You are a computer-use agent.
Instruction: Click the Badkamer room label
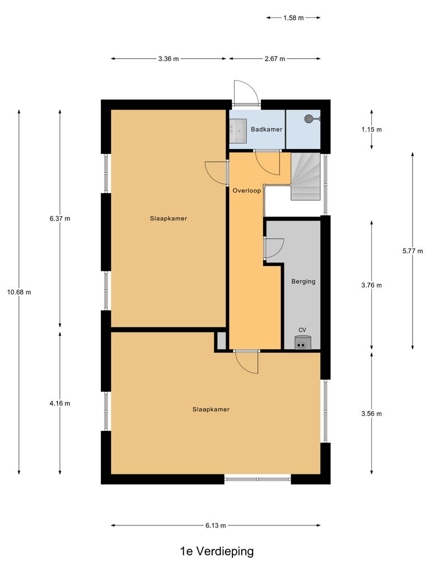pyautogui.click(x=267, y=129)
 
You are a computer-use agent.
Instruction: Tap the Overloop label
pyautogui.click(x=246, y=190)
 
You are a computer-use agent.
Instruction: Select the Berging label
pyautogui.click(x=303, y=281)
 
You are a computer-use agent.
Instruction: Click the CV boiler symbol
pyautogui.click(x=302, y=342)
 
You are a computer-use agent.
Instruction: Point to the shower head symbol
pyautogui.click(x=309, y=119)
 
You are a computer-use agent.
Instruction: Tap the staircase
pyautogui.click(x=305, y=177)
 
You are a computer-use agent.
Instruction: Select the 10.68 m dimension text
pyautogui.click(x=19, y=292)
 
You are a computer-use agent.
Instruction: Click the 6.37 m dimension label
pyautogui.click(x=60, y=218)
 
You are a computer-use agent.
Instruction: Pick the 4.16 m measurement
pyautogui.click(x=60, y=403)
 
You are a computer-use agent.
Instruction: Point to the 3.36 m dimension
pyautogui.click(x=169, y=59)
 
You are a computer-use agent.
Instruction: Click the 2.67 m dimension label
pyautogui.click(x=274, y=59)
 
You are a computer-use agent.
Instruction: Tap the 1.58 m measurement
pyautogui.click(x=293, y=18)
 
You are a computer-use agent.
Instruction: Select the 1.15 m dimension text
pyautogui.click(x=372, y=129)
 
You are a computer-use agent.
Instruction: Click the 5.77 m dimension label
pyautogui.click(x=413, y=251)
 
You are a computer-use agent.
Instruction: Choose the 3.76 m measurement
pyautogui.click(x=372, y=285)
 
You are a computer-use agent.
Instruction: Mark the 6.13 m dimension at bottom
pyautogui.click(x=216, y=525)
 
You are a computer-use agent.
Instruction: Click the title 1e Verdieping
pyautogui.click(x=217, y=551)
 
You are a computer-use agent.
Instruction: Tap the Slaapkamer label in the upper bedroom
pyautogui.click(x=168, y=218)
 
